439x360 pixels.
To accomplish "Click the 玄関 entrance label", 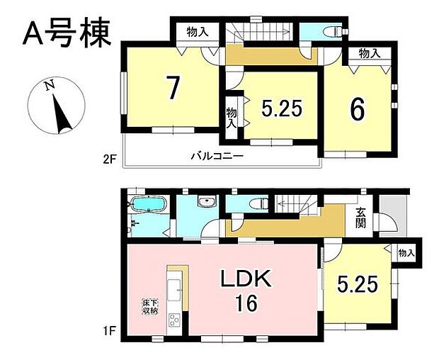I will tap(360, 218).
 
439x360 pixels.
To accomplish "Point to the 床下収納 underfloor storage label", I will tap(149, 308).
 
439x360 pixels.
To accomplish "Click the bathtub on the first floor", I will tap(149, 206).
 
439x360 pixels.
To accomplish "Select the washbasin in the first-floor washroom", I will tap(205, 202).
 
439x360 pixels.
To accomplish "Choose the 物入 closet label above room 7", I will tap(197, 33).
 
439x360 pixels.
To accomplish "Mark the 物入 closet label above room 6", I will tap(368, 53).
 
